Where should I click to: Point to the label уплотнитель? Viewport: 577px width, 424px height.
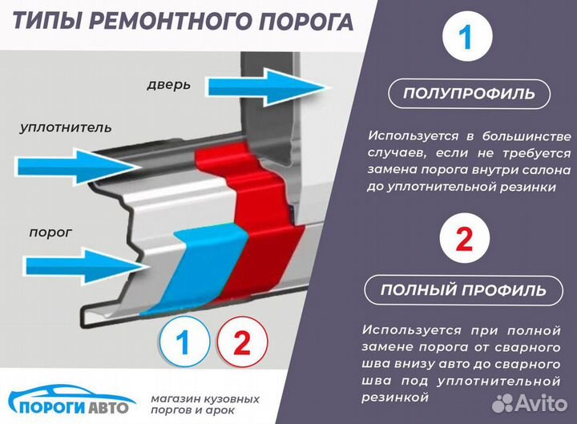(x=67, y=127)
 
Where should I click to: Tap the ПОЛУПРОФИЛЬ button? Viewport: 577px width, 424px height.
(x=469, y=94)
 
